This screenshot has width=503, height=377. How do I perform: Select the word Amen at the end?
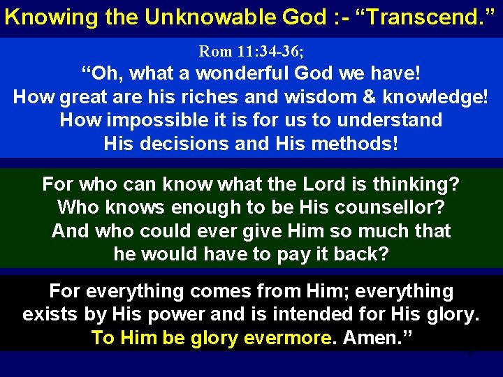[376, 338]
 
